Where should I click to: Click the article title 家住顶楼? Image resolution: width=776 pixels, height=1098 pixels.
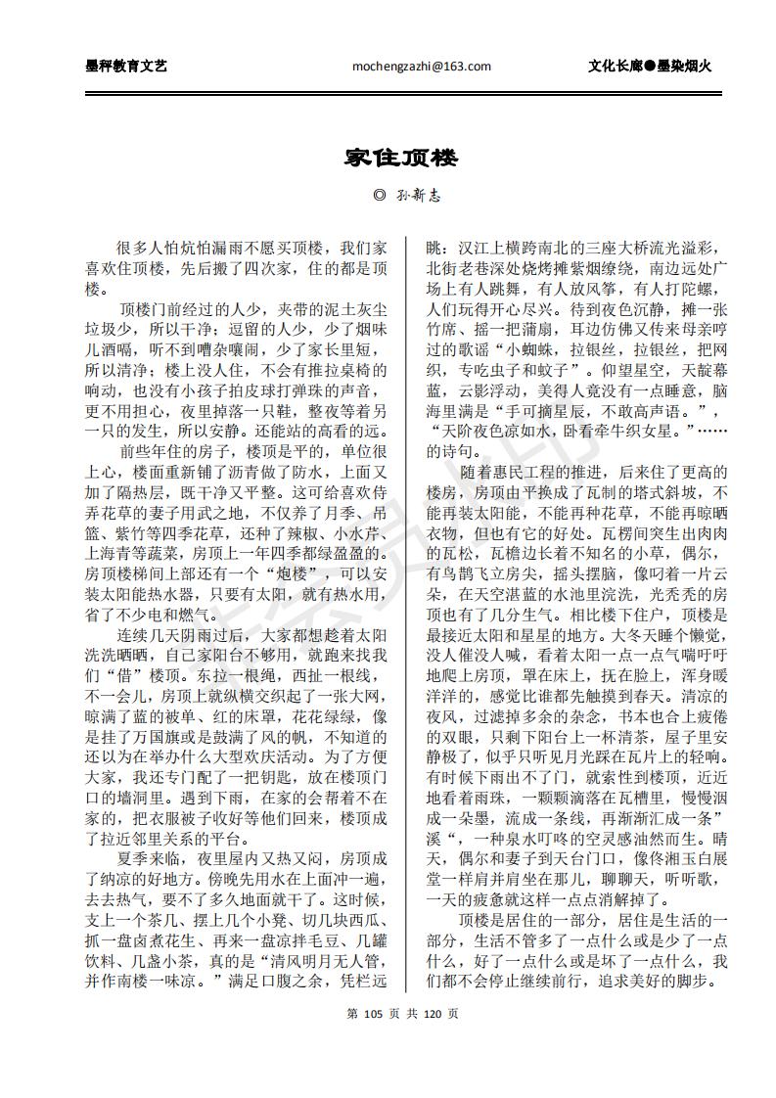[x=388, y=158]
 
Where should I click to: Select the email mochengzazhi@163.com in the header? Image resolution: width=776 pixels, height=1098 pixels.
[x=421, y=67]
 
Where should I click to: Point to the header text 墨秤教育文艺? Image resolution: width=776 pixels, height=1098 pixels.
[x=126, y=67]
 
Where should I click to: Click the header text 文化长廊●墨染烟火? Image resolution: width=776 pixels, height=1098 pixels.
[x=649, y=67]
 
